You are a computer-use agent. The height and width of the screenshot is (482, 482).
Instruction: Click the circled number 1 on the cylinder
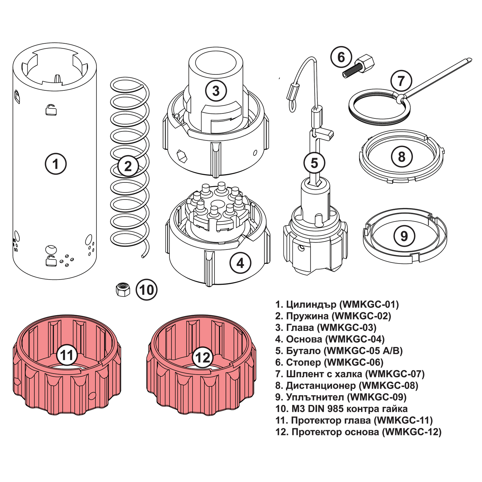pyautogui.click(x=55, y=164)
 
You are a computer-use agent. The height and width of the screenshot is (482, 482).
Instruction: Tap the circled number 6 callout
pyautogui.click(x=341, y=57)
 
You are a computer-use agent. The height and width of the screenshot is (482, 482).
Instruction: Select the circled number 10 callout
pyautogui.click(x=146, y=290)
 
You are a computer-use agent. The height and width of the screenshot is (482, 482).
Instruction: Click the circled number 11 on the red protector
pyautogui.click(x=67, y=355)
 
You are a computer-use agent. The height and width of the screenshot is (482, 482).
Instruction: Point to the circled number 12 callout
pyautogui.click(x=202, y=357)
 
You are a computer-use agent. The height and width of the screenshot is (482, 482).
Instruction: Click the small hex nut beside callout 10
pyautogui.click(x=123, y=289)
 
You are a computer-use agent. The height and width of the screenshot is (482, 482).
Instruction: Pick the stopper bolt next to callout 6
pyautogui.click(x=359, y=67)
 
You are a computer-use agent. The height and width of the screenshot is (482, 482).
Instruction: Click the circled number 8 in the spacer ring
pyautogui.click(x=401, y=156)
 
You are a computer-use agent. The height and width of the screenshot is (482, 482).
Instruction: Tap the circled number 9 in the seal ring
pyautogui.click(x=404, y=236)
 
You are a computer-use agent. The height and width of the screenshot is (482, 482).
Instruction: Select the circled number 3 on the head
pyautogui.click(x=216, y=90)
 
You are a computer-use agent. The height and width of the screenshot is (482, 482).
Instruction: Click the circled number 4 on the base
pyautogui.click(x=240, y=263)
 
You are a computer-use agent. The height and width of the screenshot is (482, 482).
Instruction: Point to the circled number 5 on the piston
pyautogui.click(x=314, y=163)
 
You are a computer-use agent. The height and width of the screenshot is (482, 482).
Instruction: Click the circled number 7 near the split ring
pyautogui.click(x=401, y=81)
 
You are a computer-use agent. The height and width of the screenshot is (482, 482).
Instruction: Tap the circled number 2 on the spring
pyautogui.click(x=128, y=166)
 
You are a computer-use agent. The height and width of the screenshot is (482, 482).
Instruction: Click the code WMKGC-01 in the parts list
pyautogui.click(x=369, y=304)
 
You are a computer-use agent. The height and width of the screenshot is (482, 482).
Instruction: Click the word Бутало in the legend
pyautogui.click(x=303, y=351)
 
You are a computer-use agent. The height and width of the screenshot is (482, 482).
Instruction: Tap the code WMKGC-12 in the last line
pyautogui.click(x=412, y=432)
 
